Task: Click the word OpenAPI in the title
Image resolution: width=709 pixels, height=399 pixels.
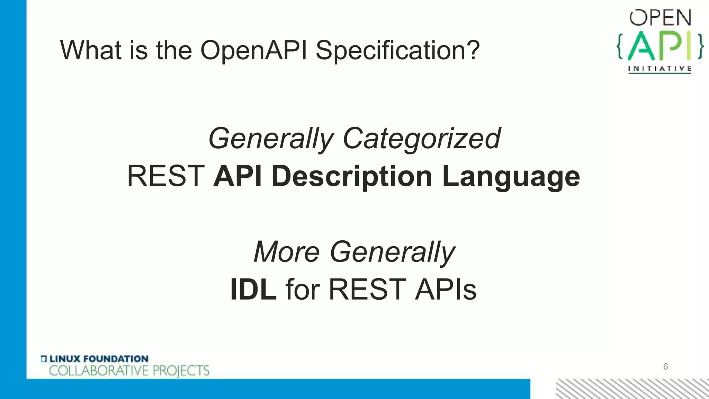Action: tap(253, 51)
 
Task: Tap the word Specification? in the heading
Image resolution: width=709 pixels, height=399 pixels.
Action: tap(397, 51)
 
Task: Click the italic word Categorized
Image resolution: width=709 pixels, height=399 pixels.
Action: tap(421, 139)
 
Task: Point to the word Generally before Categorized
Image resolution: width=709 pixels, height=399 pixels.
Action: tap(271, 139)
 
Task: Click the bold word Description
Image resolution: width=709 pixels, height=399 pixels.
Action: tap(352, 176)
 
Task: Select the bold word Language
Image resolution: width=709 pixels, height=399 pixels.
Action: tap(511, 176)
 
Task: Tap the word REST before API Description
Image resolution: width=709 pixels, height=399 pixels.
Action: tap(166, 176)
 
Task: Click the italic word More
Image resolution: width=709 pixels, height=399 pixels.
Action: tap(286, 252)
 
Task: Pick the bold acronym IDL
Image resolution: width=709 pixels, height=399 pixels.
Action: tap(253, 290)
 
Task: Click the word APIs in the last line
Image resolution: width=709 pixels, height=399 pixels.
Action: tap(446, 290)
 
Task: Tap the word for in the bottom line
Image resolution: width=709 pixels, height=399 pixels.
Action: tap(302, 290)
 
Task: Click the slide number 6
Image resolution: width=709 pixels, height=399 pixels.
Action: tap(665, 366)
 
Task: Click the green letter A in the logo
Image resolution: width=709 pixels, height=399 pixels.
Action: tap(641, 46)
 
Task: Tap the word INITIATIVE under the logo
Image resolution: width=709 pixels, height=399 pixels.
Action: tap(660, 69)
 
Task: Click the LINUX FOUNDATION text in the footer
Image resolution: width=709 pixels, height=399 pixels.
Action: tap(99, 359)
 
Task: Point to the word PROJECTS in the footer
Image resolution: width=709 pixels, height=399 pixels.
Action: tap(181, 371)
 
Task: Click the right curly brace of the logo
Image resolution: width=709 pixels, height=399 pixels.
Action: tap(700, 46)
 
